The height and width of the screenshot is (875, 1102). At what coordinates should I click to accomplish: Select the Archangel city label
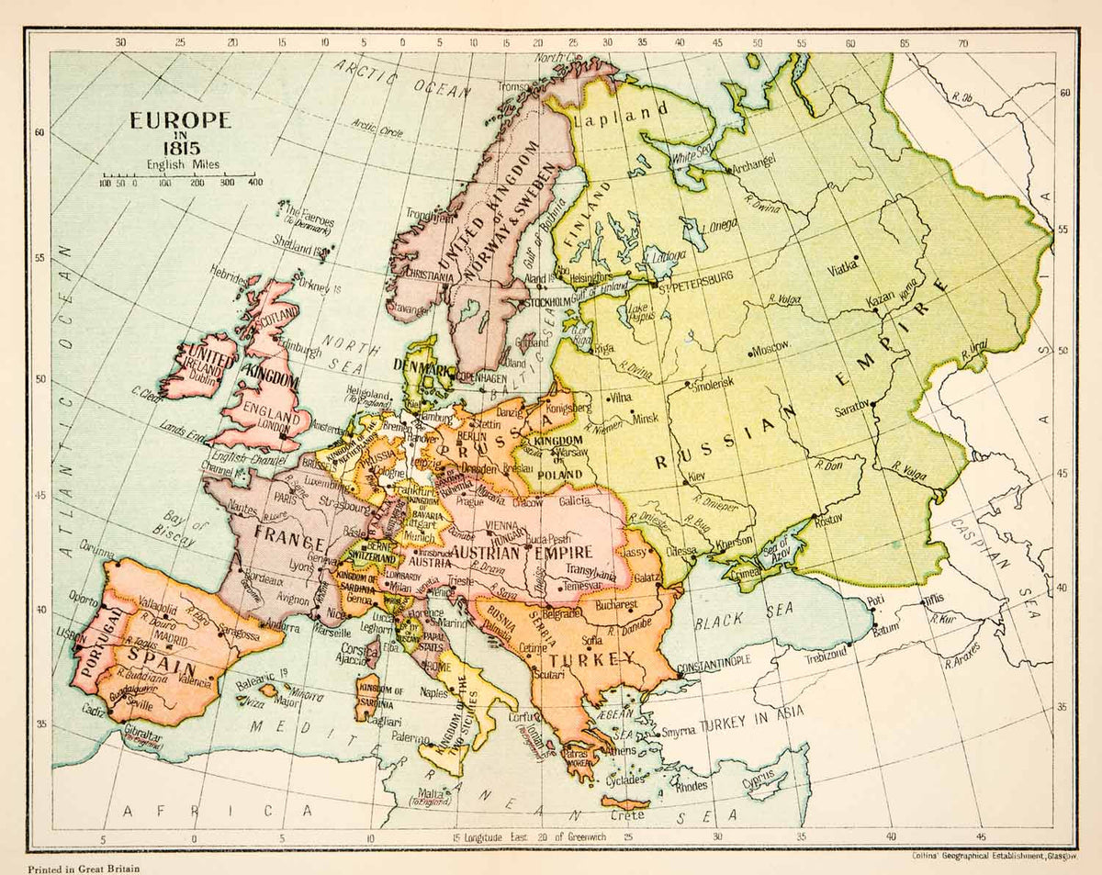754,161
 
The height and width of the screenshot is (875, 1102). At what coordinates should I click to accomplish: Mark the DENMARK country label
422,369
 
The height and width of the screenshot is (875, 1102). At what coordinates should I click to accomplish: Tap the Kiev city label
697,479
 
